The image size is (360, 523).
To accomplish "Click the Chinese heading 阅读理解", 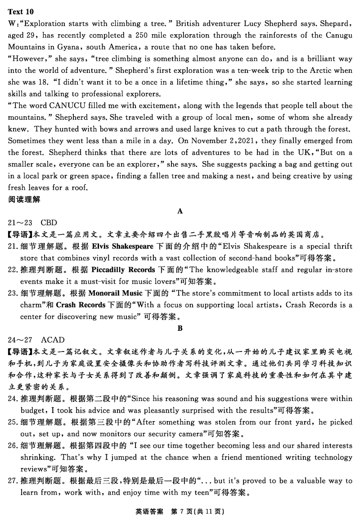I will [24, 199].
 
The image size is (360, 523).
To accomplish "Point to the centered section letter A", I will [180, 211].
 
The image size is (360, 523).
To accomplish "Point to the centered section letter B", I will [180, 328].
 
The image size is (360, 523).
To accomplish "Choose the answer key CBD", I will [49, 223].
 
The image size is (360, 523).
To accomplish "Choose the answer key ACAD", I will [53, 340].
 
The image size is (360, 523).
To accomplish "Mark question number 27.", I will [13, 481].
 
